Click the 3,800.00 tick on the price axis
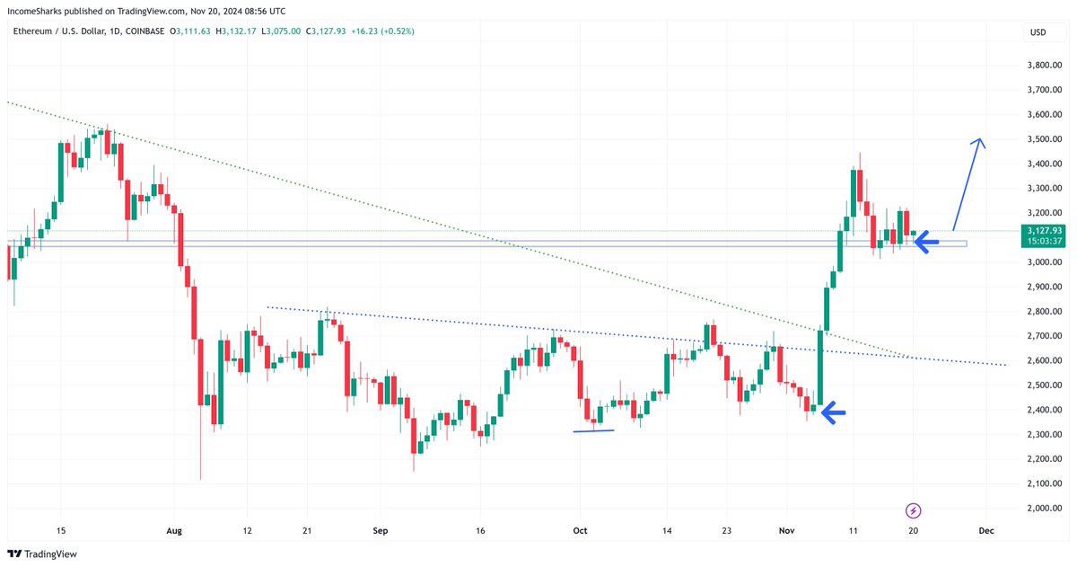point(1044,66)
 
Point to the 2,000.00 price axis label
point(1044,508)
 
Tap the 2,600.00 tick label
point(1044,360)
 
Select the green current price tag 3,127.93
point(1042,231)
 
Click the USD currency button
point(1038,32)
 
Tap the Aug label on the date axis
point(174,531)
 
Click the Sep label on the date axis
point(381,531)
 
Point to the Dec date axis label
point(985,531)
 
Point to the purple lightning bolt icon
point(914,510)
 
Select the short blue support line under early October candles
point(593,430)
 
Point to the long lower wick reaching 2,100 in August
point(200,449)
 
